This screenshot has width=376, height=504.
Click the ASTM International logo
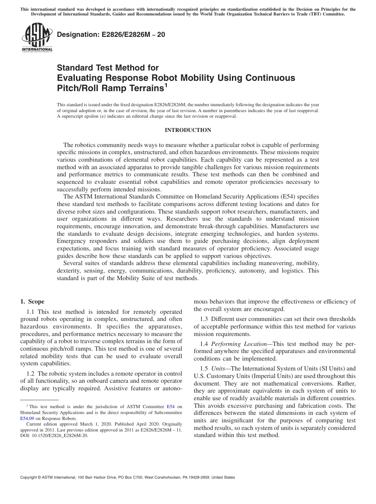(36, 38)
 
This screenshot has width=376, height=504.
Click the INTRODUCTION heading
(188, 130)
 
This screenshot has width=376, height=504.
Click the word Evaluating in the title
(81, 78)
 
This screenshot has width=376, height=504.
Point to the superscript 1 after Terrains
(166, 84)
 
